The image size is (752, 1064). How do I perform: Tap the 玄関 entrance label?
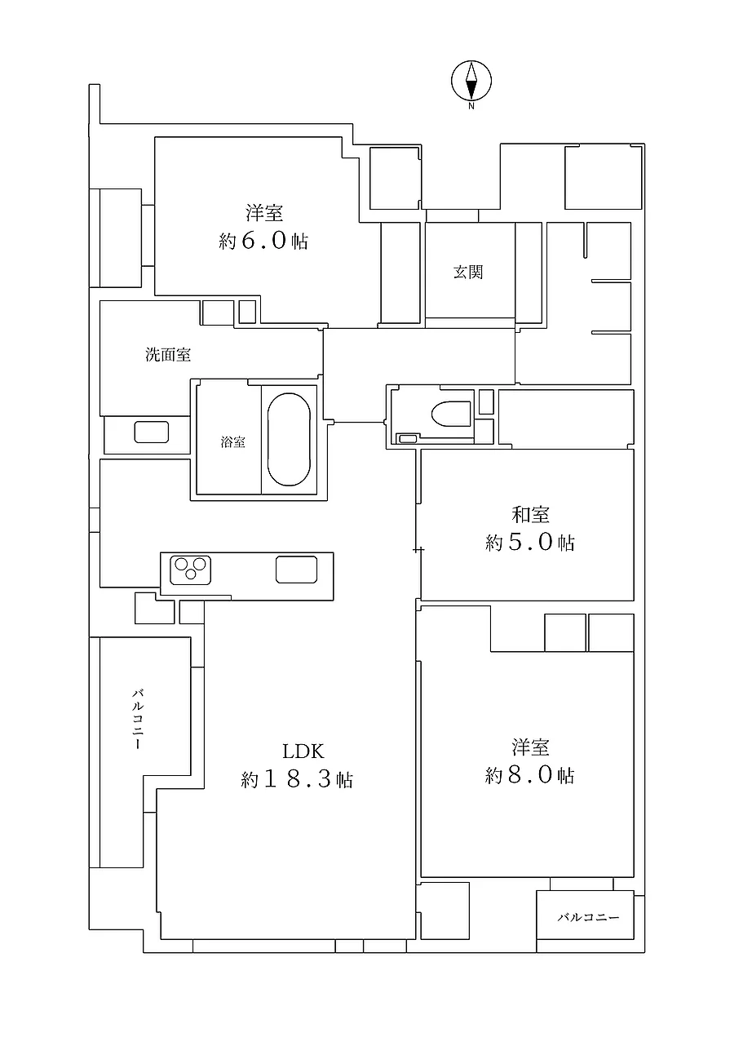click(x=468, y=273)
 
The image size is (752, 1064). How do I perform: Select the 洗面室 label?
click(x=168, y=355)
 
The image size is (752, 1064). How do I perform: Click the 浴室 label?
click(x=232, y=441)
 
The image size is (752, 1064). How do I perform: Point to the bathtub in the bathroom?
click(x=289, y=440)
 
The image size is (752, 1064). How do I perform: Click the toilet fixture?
click(x=453, y=414)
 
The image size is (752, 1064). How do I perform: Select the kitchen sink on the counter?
click(x=296, y=569)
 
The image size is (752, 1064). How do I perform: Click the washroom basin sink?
click(x=152, y=432)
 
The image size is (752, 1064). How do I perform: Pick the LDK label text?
click(x=304, y=751)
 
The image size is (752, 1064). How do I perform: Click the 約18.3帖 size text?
click(x=297, y=780)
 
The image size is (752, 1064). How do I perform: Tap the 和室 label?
click(x=530, y=515)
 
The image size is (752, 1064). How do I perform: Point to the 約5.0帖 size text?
click(x=530, y=543)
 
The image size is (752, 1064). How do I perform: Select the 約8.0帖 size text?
click(x=530, y=775)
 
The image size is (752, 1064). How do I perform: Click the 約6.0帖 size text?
click(x=264, y=242)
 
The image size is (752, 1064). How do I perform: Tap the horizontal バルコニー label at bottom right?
click(x=588, y=918)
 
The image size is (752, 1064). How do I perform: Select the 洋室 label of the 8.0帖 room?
click(x=530, y=747)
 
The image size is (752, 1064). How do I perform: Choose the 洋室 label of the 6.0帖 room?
click(x=264, y=214)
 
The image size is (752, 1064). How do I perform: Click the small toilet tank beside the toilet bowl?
click(x=406, y=439)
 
